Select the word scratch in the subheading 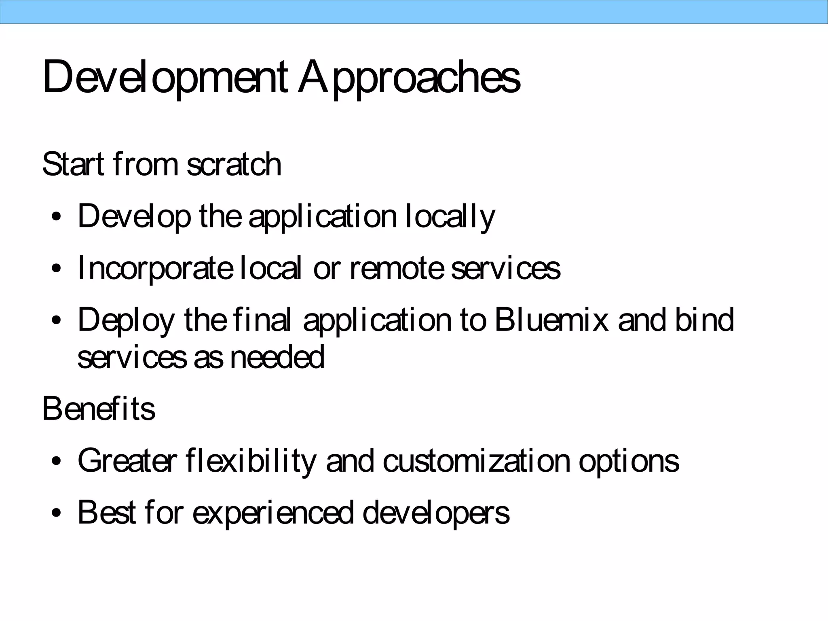(234, 165)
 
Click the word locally (450, 217)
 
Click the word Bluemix (551, 320)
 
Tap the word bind (704, 320)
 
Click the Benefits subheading (99, 409)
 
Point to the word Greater (127, 460)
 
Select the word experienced (272, 513)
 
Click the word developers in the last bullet (436, 513)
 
